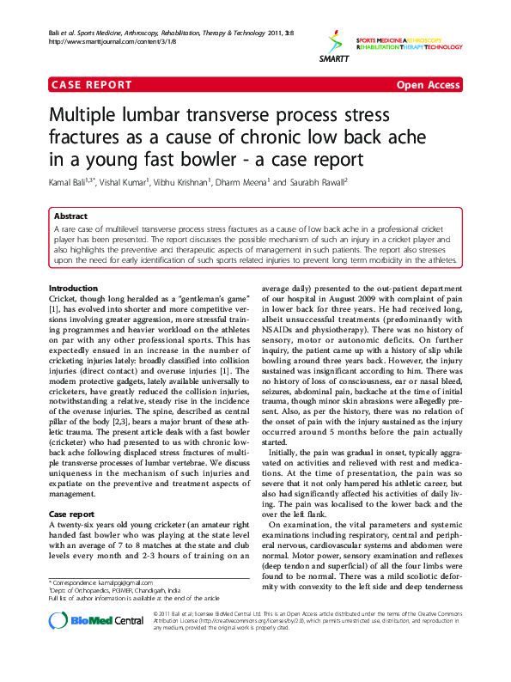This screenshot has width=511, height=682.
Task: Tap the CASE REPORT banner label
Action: click(x=91, y=85)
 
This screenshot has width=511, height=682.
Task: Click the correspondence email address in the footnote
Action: click(x=113, y=583)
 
